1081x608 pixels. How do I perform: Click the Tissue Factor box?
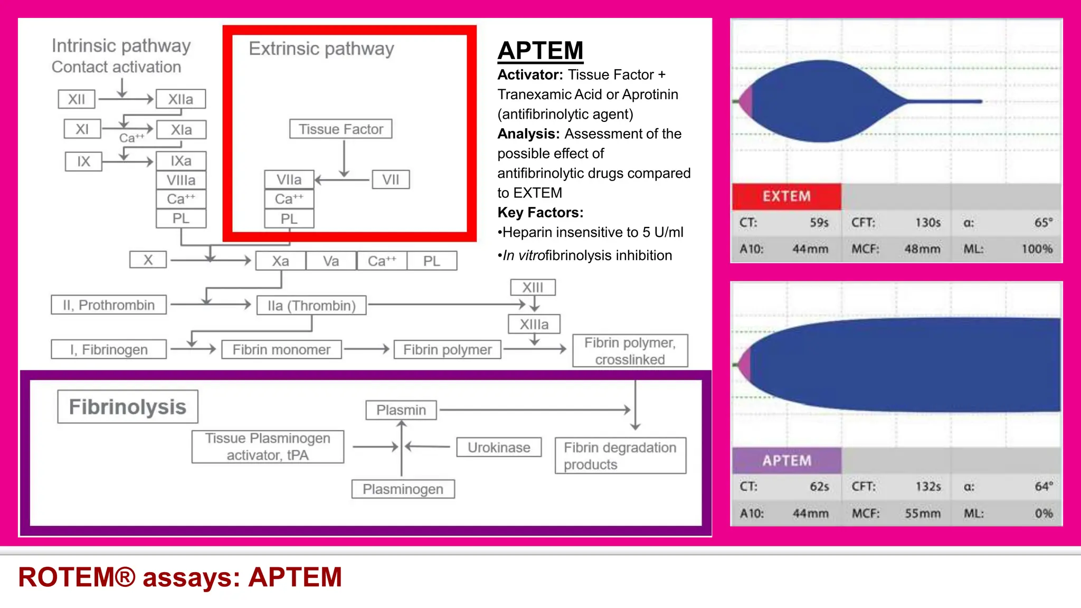[x=340, y=129]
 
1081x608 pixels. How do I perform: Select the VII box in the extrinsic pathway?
[x=391, y=180]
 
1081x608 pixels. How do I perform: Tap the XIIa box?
[x=181, y=99]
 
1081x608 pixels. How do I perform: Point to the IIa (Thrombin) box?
[x=311, y=306]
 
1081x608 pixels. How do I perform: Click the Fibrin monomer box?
[x=281, y=349]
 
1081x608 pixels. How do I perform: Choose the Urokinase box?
[x=499, y=448]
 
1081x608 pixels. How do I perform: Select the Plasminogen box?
[x=403, y=489]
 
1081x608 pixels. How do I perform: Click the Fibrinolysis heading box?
[x=127, y=407]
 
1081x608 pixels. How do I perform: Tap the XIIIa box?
[x=534, y=324]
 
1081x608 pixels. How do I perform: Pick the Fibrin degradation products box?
[x=620, y=456]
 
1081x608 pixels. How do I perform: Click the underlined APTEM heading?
[x=540, y=51]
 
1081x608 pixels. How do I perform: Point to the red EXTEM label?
[x=786, y=196]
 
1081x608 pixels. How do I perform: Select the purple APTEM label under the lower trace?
[x=786, y=461]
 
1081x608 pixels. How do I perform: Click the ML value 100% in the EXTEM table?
[x=1037, y=249]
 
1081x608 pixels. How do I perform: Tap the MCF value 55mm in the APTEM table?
[x=922, y=514]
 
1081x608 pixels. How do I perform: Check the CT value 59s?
[x=819, y=223]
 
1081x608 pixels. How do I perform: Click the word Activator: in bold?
[x=530, y=75]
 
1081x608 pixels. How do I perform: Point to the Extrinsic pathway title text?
[x=321, y=49]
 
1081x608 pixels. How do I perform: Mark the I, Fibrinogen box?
[x=109, y=349]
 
